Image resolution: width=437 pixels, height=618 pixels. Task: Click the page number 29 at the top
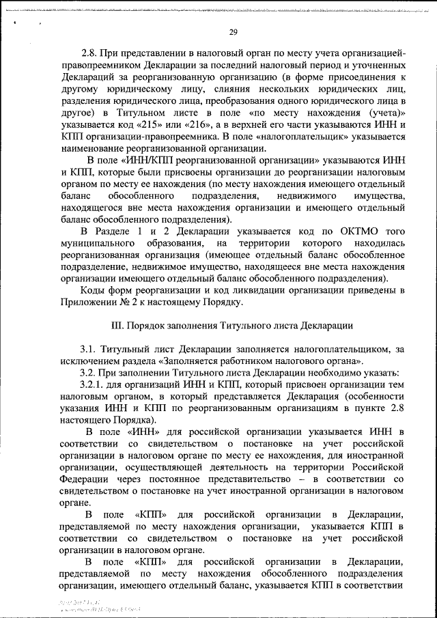(x=233, y=33)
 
